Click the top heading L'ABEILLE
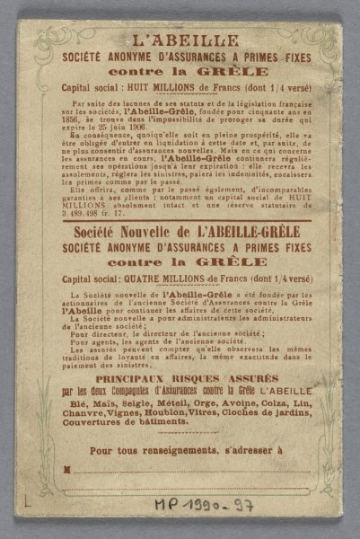coord(180,40)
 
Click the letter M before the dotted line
coord(66,469)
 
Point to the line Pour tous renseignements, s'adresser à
coord(180,448)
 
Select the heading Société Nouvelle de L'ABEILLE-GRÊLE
coord(180,232)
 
